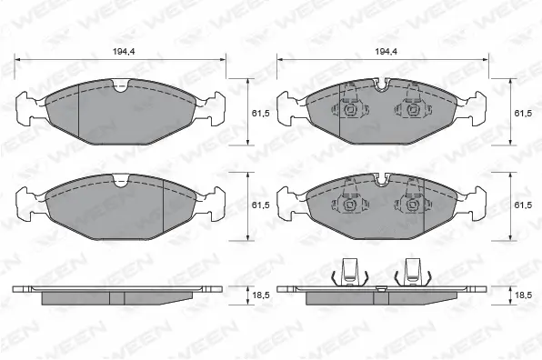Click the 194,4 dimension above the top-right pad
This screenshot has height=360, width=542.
tap(386, 52)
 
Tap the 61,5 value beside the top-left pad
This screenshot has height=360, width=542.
tap(259, 114)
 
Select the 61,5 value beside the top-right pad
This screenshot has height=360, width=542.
tap(522, 114)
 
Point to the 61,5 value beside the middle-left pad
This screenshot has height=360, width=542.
tap(259, 206)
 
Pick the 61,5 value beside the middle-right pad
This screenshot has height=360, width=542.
tap(522, 206)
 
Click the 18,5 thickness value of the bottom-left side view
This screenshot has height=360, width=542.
tap(259, 295)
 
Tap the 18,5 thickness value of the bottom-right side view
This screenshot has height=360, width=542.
tap(522, 295)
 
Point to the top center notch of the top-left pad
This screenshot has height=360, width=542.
tap(120, 87)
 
